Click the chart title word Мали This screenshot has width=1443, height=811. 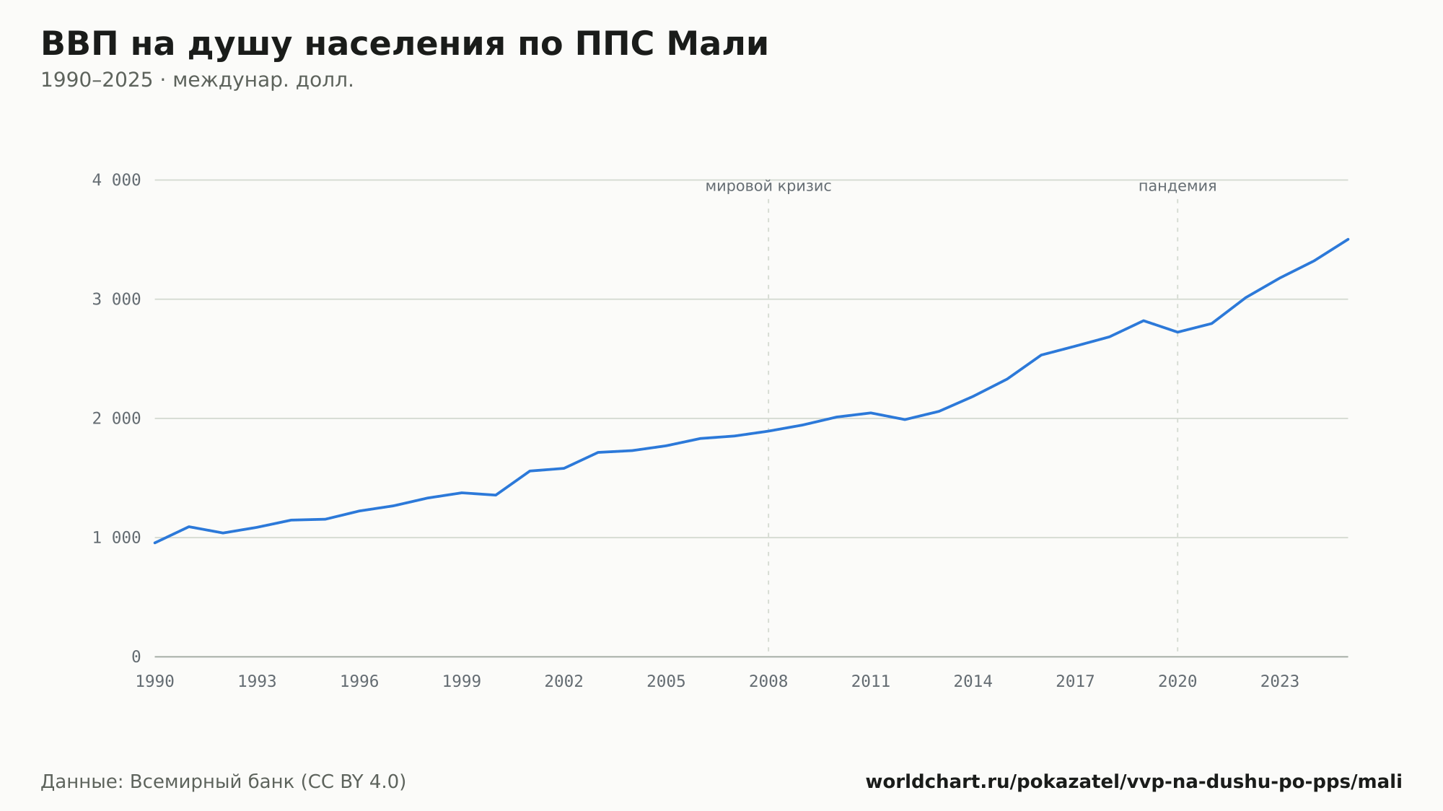pyautogui.click(x=717, y=44)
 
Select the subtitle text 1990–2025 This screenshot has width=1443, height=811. pyautogui.click(x=97, y=80)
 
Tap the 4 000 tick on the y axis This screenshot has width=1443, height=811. pyautogui.click(x=116, y=180)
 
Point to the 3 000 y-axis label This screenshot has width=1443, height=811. pyautogui.click(x=116, y=299)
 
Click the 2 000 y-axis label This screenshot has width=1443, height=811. pyautogui.click(x=116, y=418)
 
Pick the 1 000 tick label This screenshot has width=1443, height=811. pyautogui.click(x=116, y=538)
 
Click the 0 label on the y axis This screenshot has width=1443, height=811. pyautogui.click(x=136, y=657)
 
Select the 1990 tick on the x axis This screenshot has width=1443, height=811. pyautogui.click(x=155, y=682)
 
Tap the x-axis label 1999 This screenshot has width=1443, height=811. pyautogui.click(x=462, y=682)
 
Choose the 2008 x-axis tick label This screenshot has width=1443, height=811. pyautogui.click(x=768, y=682)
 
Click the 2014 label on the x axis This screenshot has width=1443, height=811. pyautogui.click(x=973, y=682)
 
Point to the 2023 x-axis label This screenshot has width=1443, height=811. pyautogui.click(x=1280, y=682)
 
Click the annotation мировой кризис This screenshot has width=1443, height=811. pyautogui.click(x=768, y=186)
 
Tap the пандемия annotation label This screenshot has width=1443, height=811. pyautogui.click(x=1177, y=186)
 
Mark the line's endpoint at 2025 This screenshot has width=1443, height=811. pyautogui.click(x=1348, y=239)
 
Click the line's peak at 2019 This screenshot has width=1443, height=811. pyautogui.click(x=1144, y=320)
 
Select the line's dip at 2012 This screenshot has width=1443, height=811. pyautogui.click(x=905, y=419)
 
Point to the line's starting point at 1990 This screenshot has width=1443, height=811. pyautogui.click(x=155, y=543)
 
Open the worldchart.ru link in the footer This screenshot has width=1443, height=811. pyautogui.click(x=1133, y=782)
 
